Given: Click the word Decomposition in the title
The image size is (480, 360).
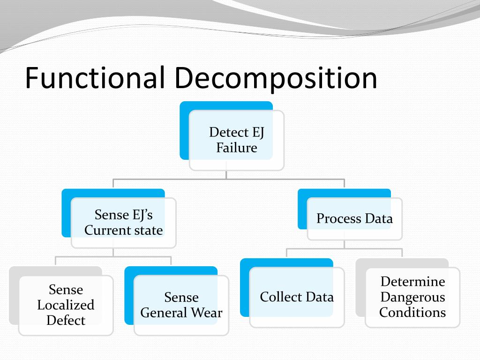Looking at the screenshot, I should click(277, 79).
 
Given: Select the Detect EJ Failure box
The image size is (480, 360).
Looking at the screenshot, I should click(236, 140).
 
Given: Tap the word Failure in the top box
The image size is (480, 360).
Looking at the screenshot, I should click(237, 148).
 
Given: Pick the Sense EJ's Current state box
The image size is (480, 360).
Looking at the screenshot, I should click(123, 222).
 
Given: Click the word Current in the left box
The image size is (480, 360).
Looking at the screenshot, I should click(106, 230).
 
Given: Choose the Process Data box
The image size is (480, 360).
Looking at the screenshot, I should click(354, 218).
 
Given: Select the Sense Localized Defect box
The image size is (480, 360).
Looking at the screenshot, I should click(66, 305).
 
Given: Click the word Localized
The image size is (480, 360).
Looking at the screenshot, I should click(66, 305).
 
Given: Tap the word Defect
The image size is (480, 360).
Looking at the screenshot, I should click(66, 321).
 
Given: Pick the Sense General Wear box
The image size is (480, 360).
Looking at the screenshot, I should click(181, 305).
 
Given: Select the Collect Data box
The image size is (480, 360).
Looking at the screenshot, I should click(296, 297).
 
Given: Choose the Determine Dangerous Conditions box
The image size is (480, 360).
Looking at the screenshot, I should click(412, 297).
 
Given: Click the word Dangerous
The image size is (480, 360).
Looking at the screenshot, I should click(412, 297).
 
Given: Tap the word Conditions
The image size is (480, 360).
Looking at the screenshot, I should click(412, 312).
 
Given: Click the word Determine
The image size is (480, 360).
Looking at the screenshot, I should click(412, 281).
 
